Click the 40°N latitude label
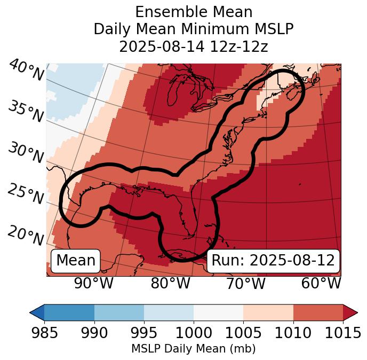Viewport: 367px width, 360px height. (26, 71)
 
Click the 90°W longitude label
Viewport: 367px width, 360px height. (94, 283)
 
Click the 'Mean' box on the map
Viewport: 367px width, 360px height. (76, 261)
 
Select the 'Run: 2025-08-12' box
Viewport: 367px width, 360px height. (273, 261)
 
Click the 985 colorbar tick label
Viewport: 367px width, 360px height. (44, 333)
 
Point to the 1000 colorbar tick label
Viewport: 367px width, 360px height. (194, 333)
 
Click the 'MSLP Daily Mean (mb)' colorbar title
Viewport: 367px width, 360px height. (194, 349)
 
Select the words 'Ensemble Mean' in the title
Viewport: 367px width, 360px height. (194, 12)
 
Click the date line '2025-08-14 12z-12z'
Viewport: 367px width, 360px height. (194, 46)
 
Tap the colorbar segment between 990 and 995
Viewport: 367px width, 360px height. (119, 312)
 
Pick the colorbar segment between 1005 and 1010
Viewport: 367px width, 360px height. (268, 312)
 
